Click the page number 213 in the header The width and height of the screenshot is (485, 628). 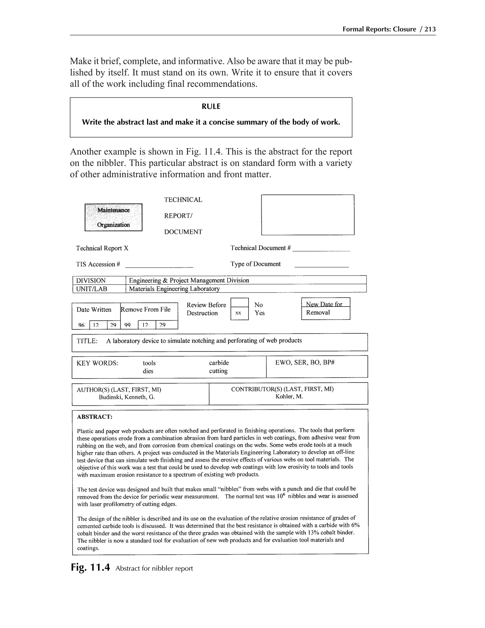(430, 29)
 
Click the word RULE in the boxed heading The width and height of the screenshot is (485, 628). (211, 106)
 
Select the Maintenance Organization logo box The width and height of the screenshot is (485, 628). (113, 217)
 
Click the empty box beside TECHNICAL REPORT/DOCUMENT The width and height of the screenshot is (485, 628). (307, 215)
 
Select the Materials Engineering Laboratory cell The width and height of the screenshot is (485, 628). (174, 289)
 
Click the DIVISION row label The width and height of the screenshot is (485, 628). (91, 280)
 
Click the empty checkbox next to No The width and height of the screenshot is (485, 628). (239, 303)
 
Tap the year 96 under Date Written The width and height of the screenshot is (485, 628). (81, 325)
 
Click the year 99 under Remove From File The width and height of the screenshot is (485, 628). (128, 325)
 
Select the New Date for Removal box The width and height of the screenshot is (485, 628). (326, 309)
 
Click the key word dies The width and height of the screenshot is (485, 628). (148, 371)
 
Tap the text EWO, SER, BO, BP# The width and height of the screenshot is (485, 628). (305, 362)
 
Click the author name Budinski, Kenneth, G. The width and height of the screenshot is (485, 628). (127, 397)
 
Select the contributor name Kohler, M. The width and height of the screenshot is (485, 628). (289, 396)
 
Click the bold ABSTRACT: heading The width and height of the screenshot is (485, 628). (94, 417)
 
